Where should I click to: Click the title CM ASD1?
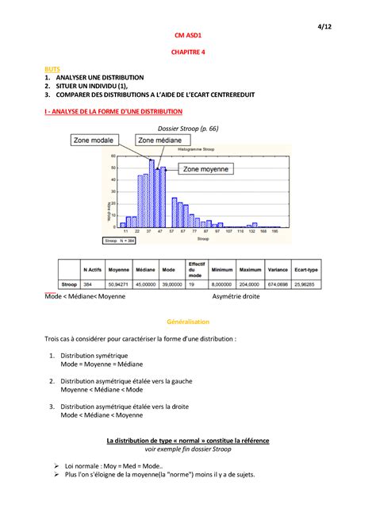pos(187,36)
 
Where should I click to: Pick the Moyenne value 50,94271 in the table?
pos(119,283)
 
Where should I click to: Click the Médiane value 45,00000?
pos(145,283)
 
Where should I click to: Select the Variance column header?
pos(278,269)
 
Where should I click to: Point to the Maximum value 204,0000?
pos(250,283)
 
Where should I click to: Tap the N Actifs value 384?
pos(90,283)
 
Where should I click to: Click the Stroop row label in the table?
pos(68,283)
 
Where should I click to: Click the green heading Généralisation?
pos(187,322)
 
